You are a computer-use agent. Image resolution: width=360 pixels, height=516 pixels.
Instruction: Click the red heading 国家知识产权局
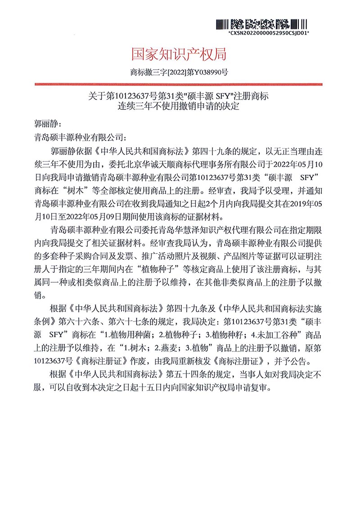pos(179,54)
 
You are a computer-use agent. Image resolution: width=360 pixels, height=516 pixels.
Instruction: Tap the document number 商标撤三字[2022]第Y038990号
pos(179,72)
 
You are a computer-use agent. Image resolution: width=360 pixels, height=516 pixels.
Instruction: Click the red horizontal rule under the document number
pos(179,84)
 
